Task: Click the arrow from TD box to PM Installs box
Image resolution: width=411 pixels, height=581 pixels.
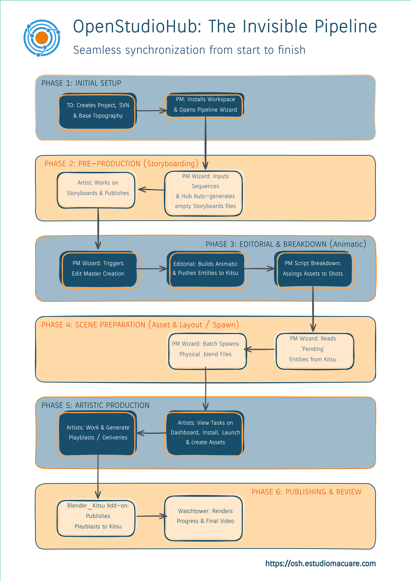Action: [x=151, y=111]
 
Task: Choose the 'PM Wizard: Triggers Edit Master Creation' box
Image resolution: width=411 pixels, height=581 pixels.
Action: [x=99, y=269]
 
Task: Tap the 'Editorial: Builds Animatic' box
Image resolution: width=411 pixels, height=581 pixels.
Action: [x=206, y=269]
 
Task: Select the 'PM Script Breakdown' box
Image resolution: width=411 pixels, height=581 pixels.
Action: [x=314, y=269]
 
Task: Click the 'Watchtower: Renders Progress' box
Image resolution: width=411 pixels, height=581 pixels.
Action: [x=204, y=518]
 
